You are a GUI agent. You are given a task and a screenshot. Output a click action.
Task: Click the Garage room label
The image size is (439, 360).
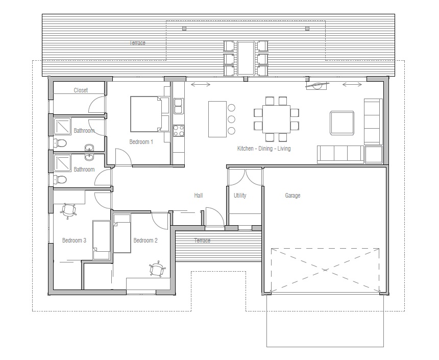click(292, 195)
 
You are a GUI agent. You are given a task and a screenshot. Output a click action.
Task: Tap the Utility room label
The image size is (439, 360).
click(240, 195)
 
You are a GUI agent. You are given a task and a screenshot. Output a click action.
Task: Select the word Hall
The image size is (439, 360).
click(198, 195)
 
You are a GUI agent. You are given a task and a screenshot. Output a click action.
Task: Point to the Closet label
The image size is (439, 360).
click(81, 90)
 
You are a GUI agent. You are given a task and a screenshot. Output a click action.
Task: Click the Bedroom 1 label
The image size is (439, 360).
click(141, 142)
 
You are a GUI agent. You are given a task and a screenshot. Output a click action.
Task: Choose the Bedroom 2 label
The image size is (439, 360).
click(145, 241)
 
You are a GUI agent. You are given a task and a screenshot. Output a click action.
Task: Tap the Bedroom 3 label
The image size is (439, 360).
click(74, 241)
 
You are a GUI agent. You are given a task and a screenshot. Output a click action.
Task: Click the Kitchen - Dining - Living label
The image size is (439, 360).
click(264, 149)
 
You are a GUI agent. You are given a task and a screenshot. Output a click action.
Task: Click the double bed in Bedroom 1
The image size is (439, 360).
click(150, 114)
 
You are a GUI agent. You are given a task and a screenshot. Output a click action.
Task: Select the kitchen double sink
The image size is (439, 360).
click(178, 106)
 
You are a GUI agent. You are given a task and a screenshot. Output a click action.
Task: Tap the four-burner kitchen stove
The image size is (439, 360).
click(178, 131)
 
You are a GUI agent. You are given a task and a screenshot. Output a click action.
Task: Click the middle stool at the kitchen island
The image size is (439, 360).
click(231, 119)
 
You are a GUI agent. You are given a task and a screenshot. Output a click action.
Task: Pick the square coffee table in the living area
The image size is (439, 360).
click(342, 123)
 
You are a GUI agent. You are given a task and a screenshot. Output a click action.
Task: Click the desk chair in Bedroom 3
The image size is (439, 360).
click(68, 211)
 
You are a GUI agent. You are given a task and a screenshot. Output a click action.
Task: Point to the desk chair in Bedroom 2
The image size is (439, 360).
click(158, 270)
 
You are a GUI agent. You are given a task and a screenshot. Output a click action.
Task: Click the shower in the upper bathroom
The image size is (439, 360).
click(63, 127)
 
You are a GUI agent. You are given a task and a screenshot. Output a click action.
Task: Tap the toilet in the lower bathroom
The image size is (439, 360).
click(60, 179)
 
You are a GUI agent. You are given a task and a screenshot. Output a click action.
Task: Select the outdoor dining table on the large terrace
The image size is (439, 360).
click(246, 58)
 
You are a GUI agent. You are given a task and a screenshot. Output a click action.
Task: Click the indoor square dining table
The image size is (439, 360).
click(276, 119)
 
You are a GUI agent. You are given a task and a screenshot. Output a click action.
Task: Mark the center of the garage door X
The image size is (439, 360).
click(325, 270)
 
